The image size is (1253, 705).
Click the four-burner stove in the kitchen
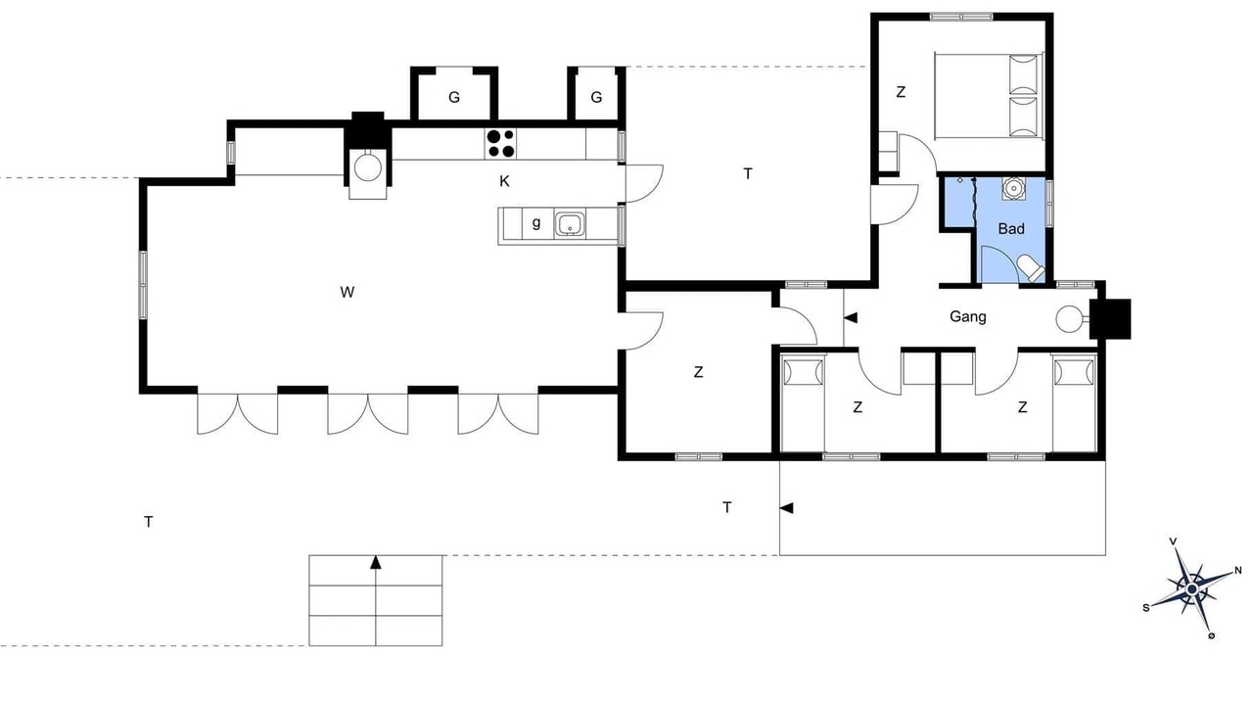pos(500,144)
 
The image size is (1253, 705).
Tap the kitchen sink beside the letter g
pos(570,224)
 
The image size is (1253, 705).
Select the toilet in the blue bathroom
pos(1031,268)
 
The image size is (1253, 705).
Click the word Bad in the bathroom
pos(1011,229)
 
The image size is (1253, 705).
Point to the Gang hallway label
pos(968,316)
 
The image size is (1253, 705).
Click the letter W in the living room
pos(347,292)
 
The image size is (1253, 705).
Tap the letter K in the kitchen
pos(504,181)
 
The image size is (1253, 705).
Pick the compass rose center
pos(1192,589)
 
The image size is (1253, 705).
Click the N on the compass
pos(1238,571)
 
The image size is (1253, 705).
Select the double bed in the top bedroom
pos(989,96)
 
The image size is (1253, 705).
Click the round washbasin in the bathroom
pos(1013,189)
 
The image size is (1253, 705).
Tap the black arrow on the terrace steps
pos(375,562)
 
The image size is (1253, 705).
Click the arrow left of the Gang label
pos(851,318)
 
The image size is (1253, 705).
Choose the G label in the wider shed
pos(454,97)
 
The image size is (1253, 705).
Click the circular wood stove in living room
pos(367,167)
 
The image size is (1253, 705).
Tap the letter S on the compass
pos(1146,608)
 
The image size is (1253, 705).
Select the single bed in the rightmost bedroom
pos(1074,402)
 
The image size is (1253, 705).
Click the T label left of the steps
pos(148,522)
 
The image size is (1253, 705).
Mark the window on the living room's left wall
pos(143,285)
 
